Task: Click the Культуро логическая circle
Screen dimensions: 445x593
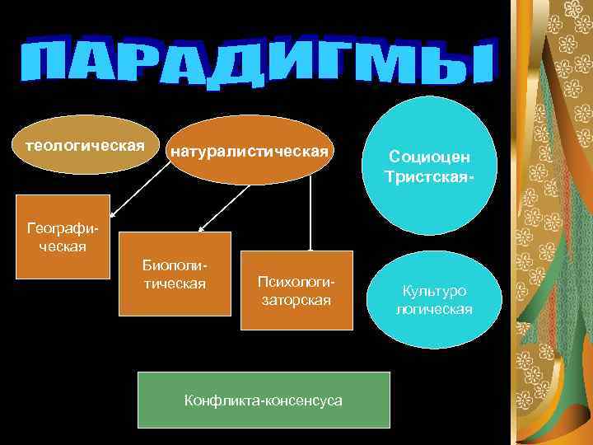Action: [x=433, y=300]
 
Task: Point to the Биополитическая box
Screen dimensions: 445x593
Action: [x=175, y=274]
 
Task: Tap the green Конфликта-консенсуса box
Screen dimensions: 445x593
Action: [x=264, y=400]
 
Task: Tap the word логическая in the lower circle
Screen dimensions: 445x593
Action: [x=434, y=309]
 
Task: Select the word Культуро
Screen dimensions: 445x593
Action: [x=434, y=291]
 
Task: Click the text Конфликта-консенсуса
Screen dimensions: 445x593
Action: [x=264, y=400]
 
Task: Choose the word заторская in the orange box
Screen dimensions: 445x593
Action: [x=296, y=300]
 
